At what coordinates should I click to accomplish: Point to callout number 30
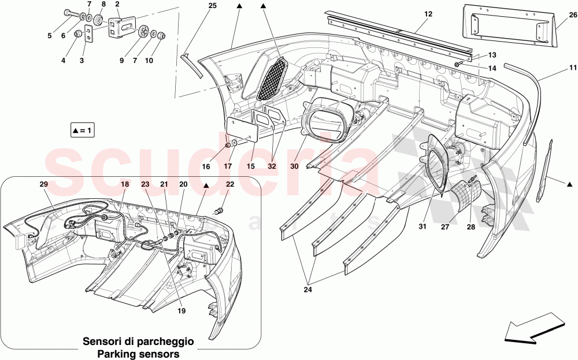pyautogui.click(x=294, y=166)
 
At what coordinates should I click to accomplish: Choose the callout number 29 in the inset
pyautogui.click(x=43, y=184)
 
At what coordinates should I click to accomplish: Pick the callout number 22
pyautogui.click(x=230, y=184)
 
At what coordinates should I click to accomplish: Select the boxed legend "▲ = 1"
pyautogui.click(x=81, y=131)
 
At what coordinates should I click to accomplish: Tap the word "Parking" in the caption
pyautogui.click(x=119, y=353)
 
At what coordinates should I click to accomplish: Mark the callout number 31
pyautogui.click(x=423, y=227)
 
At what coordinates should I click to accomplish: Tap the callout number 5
pyautogui.click(x=49, y=36)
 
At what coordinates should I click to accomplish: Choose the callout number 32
pyautogui.click(x=272, y=166)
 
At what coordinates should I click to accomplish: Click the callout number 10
pyautogui.click(x=149, y=60)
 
